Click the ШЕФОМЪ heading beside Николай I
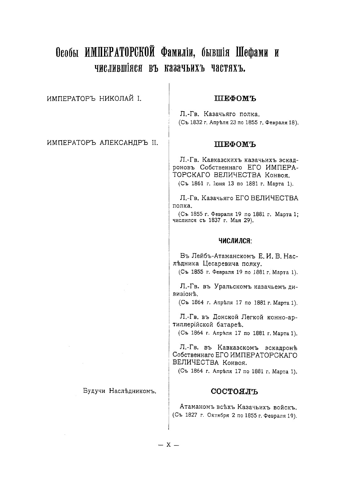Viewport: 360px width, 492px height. (x=236, y=99)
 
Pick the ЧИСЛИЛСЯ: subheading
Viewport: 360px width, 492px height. (x=235, y=241)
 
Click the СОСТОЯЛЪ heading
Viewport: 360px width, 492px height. (x=234, y=391)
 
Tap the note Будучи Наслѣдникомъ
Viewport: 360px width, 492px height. (x=119, y=391)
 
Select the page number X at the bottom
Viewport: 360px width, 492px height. (x=168, y=445)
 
